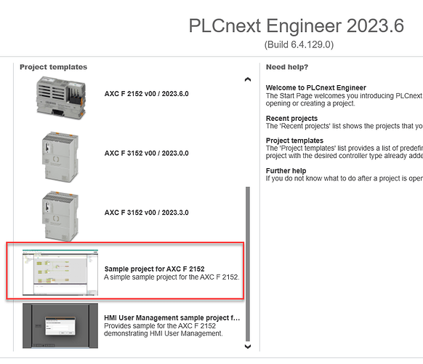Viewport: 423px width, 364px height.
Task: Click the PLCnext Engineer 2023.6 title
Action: click(x=297, y=26)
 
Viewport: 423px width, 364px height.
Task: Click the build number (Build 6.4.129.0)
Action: click(x=299, y=44)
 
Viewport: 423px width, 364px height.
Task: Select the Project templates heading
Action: click(x=53, y=67)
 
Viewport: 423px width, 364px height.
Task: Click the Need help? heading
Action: click(x=287, y=67)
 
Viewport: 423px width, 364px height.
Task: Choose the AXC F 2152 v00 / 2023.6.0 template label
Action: click(x=147, y=94)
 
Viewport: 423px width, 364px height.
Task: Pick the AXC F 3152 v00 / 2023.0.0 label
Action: click(x=147, y=153)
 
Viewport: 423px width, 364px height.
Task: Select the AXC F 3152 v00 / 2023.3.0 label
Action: click(x=147, y=213)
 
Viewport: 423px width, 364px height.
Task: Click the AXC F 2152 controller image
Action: click(x=61, y=98)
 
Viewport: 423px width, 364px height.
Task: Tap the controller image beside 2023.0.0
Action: click(x=60, y=157)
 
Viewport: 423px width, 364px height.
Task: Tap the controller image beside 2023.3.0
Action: click(x=60, y=216)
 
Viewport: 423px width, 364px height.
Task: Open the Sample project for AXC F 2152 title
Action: click(x=154, y=269)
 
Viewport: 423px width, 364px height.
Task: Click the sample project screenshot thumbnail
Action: click(x=60, y=272)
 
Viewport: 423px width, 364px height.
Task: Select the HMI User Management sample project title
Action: click(x=172, y=318)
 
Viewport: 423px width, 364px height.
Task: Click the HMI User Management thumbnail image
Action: click(x=60, y=325)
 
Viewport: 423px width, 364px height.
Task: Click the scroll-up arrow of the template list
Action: click(x=248, y=79)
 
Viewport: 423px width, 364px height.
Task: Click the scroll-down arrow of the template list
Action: click(x=248, y=347)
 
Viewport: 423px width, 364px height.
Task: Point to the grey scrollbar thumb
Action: click(x=248, y=264)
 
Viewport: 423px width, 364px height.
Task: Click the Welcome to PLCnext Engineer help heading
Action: click(x=316, y=88)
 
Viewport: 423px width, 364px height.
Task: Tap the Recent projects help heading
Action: click(x=291, y=119)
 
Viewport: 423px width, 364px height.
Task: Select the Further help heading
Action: click(x=286, y=171)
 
